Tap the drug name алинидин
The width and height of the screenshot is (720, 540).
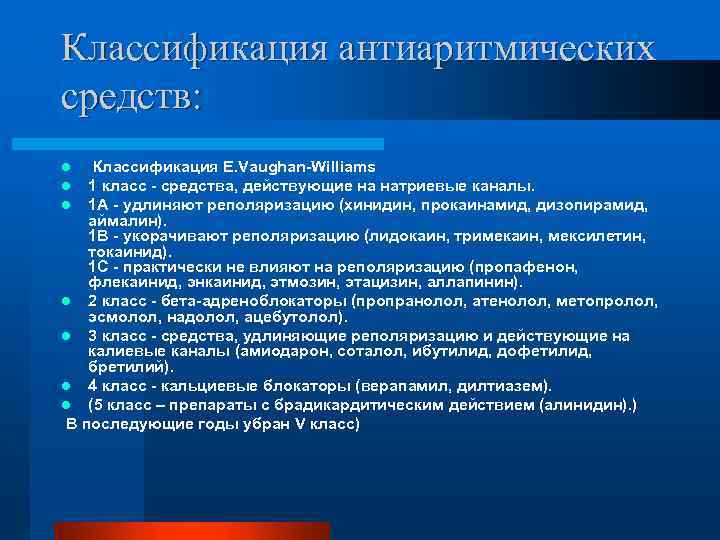pyautogui.click(x=586, y=404)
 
